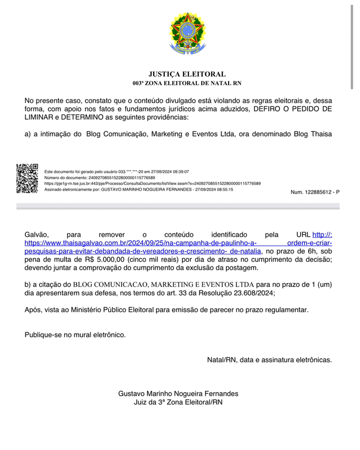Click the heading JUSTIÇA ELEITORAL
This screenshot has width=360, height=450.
pyautogui.click(x=187, y=74)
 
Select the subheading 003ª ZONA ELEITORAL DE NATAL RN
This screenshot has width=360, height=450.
pyautogui.click(x=187, y=83)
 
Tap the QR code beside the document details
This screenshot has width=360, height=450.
pyautogui.click(x=27, y=178)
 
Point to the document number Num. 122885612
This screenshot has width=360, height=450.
pyautogui.click(x=315, y=192)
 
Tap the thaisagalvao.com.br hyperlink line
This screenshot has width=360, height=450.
pyautogui.click(x=141, y=243)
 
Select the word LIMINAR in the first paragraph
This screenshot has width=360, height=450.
pyautogui.click(x=39, y=118)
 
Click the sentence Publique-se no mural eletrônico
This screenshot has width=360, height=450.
pyautogui.click(x=75, y=335)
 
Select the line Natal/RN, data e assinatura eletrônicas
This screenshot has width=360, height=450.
pyautogui.click(x=269, y=360)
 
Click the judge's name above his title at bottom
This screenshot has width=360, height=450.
pyautogui.click(x=178, y=394)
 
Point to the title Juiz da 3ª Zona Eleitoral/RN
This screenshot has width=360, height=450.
pyautogui.click(x=178, y=402)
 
